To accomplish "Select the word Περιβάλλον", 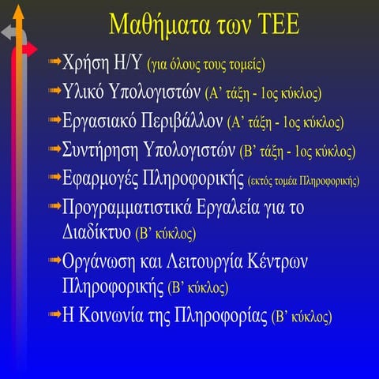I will pyautogui.click(x=185, y=122).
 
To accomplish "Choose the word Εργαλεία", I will pyautogui.click(x=256, y=208).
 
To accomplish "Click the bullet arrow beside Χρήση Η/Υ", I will pyautogui.click(x=52, y=62).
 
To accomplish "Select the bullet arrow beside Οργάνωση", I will pyautogui.click(x=52, y=260).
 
